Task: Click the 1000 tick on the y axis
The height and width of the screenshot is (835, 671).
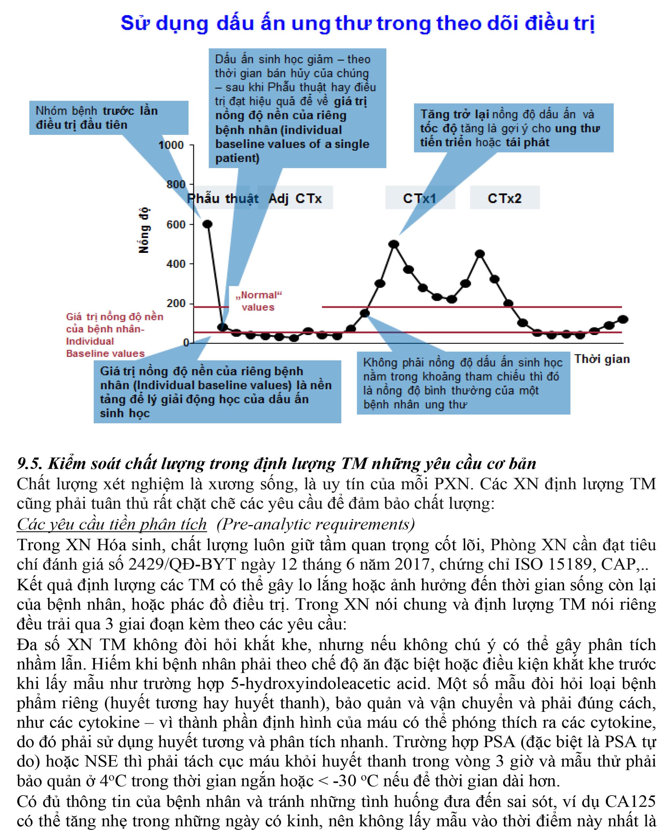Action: pos(171,145)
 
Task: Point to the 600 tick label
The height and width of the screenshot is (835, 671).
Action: pos(176,225)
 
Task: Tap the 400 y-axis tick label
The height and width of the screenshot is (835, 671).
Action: pos(176,264)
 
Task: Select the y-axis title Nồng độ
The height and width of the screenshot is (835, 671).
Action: pos(144,231)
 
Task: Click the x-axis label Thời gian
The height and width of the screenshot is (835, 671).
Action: pos(602,359)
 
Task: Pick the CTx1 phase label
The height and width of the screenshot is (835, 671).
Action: pos(419,198)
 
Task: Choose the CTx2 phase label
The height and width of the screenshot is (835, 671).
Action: pos(504,198)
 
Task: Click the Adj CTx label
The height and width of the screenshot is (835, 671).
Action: pos(295,198)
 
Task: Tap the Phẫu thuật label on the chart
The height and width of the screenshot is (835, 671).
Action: pos(223,198)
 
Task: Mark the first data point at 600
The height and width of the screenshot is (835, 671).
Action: pos(207,224)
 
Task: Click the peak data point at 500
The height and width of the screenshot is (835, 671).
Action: pos(394,244)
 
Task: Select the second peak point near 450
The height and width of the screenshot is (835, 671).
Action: pos(480,254)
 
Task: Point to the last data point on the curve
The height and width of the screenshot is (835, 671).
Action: pos(623,320)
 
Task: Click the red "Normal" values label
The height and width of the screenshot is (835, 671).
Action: pos(258,301)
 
